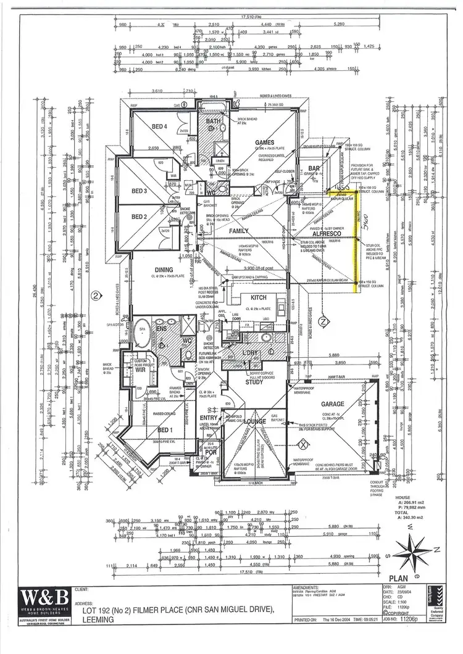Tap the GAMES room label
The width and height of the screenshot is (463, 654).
point(265,143)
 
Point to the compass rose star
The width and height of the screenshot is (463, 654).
point(411,548)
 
